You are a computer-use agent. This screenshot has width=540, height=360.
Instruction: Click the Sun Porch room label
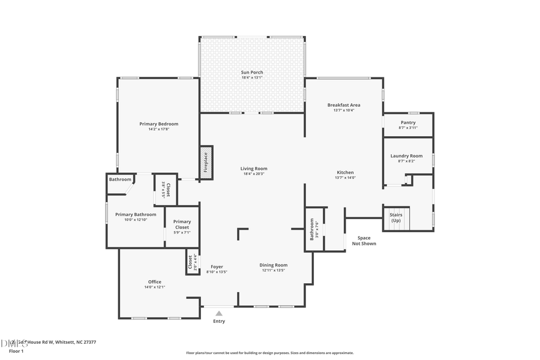252,73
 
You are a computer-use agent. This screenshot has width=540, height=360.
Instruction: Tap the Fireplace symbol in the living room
206,160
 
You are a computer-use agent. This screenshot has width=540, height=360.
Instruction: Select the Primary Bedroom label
159,124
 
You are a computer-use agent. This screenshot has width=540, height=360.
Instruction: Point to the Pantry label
408,122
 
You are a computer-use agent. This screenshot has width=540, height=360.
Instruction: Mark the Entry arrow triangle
219,313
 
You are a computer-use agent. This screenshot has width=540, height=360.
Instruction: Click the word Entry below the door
219,322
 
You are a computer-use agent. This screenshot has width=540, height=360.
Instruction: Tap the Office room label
155,282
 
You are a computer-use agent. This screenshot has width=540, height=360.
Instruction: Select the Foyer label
217,266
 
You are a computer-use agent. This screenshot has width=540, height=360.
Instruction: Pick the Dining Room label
274,265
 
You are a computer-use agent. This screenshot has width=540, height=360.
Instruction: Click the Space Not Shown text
364,241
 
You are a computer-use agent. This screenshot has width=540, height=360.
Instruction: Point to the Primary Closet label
182,224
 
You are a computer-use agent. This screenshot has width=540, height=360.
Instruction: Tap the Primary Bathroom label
136,215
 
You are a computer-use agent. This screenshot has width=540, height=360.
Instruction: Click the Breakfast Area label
344,105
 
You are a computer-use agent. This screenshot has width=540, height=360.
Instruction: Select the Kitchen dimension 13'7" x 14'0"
345,178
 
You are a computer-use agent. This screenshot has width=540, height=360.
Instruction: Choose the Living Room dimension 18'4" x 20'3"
254,174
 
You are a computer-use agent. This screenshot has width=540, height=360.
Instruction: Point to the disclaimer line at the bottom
270,353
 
